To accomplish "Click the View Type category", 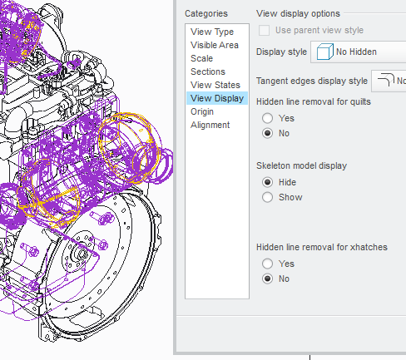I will [x=212, y=32].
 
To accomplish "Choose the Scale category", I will [x=201, y=58].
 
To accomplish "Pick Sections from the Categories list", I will [x=207, y=72].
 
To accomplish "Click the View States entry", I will [x=215, y=85].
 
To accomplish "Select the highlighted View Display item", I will [x=217, y=98].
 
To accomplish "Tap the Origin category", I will [x=202, y=111].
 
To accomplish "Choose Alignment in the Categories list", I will [x=210, y=125].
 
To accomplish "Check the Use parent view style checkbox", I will [x=265, y=31].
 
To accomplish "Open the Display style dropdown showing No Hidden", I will [x=358, y=52].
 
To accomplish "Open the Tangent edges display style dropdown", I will [x=389, y=81].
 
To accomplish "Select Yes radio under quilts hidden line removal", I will [x=268, y=118].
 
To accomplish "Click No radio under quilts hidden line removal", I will [x=268, y=133].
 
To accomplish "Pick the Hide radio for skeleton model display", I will [x=268, y=182].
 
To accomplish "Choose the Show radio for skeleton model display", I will [x=268, y=197].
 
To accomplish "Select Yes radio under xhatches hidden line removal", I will [x=268, y=264].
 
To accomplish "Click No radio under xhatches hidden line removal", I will [x=268, y=279].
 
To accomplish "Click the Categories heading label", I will [x=205, y=13].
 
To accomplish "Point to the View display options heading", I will [x=298, y=13].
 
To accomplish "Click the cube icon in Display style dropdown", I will [x=325, y=52].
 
